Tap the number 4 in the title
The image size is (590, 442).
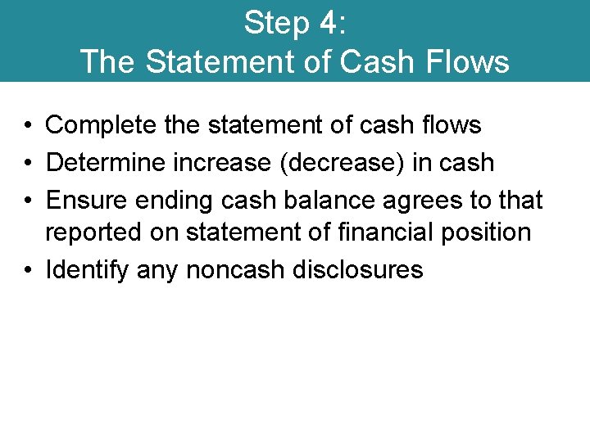(x=329, y=23)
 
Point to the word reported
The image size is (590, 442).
(x=92, y=233)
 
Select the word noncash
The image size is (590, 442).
(x=232, y=269)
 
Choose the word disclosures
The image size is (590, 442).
(x=355, y=269)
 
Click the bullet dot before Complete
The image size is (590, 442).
(x=28, y=126)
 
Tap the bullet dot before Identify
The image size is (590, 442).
(x=28, y=270)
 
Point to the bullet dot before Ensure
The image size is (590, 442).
(x=28, y=200)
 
